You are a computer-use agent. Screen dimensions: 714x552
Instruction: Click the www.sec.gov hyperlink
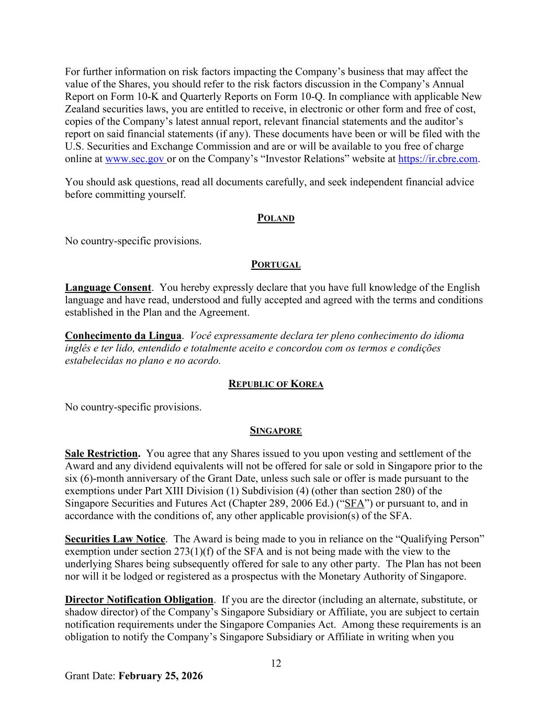pyautogui.click(x=135, y=159)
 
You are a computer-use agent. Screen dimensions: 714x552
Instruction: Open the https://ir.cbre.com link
pyautogui.click(x=437, y=159)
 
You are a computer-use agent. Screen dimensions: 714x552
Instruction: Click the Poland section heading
pyautogui.click(x=276, y=218)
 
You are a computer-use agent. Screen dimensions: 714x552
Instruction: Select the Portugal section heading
pyautogui.click(x=276, y=265)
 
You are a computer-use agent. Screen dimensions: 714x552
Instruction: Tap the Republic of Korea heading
pyautogui.click(x=276, y=384)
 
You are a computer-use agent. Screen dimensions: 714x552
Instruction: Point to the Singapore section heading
pyautogui.click(x=276, y=431)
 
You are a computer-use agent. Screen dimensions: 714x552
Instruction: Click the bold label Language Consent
pyautogui.click(x=108, y=288)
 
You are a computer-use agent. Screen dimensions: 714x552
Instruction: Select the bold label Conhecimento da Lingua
pyautogui.click(x=123, y=336)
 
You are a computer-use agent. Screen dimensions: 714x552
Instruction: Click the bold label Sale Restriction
pyautogui.click(x=102, y=454)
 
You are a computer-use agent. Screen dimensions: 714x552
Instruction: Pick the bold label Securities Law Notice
pyautogui.click(x=115, y=539)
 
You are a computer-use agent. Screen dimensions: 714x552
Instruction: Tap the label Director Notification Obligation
pyautogui.click(x=139, y=600)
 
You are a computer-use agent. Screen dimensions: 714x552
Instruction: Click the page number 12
pyautogui.click(x=276, y=663)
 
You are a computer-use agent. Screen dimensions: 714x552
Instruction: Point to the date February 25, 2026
pyautogui.click(x=161, y=676)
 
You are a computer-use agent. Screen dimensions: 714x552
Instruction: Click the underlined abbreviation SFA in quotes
pyautogui.click(x=355, y=504)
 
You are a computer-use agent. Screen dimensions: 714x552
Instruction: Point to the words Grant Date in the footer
pyautogui.click(x=89, y=676)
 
